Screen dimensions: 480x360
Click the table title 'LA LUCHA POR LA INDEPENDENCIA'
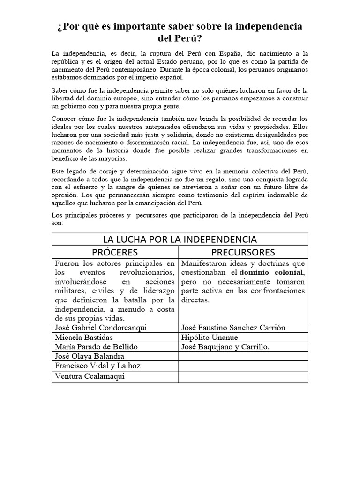[x=180, y=239]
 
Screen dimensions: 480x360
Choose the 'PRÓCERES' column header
[x=115, y=252]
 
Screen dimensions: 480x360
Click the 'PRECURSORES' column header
[x=243, y=252]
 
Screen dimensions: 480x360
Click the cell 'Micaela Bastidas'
[x=84, y=337]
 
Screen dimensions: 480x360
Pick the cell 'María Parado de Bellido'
[x=97, y=347]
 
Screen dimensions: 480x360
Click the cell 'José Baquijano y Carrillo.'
[x=225, y=347]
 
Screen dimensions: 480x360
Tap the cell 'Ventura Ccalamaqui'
[x=90, y=376]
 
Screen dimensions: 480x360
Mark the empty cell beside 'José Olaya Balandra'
[x=243, y=356]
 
